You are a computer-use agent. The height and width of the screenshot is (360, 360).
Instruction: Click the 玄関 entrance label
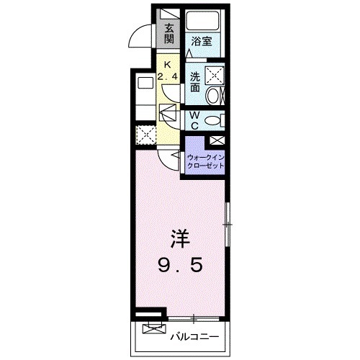pos(168,33)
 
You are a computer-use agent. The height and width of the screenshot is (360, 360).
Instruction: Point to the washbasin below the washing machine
pos(214,96)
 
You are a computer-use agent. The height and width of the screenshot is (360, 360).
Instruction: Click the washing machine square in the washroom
pos(214,74)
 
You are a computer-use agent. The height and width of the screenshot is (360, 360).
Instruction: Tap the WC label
pos(194,120)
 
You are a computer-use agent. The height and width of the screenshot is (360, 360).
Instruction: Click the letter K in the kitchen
pos(168,62)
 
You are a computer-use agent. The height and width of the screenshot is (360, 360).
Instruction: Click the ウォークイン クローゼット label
pos(205,161)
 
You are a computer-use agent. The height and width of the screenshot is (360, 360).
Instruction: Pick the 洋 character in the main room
pos(180,237)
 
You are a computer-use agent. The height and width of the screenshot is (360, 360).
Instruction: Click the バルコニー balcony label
pos(194,336)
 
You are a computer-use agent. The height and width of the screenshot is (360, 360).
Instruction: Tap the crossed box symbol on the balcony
pos(152,329)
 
